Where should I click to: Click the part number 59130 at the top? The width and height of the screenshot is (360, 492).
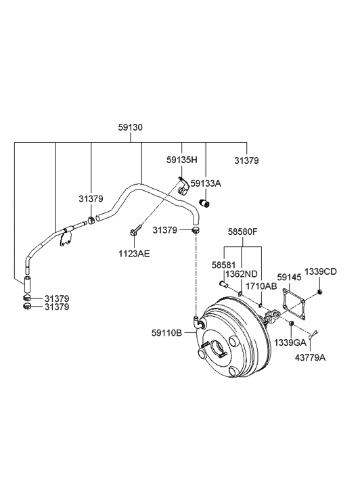pos(131,127)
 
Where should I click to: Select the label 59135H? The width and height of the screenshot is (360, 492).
pos(182,161)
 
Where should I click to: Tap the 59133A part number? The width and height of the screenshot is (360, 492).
pos(206,183)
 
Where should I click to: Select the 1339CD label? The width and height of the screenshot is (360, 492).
pos(319,271)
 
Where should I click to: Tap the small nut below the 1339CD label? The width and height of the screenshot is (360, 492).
pos(319,292)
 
